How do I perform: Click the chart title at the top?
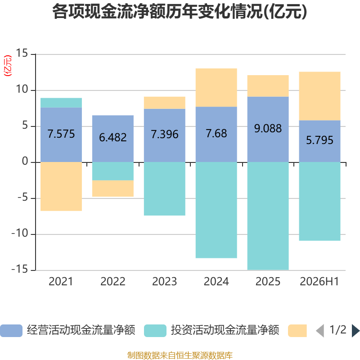point(180,12)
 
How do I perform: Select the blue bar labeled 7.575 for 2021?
point(61,135)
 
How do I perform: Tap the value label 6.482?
point(113,138)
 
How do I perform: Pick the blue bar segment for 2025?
point(268,130)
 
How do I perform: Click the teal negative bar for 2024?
point(216,210)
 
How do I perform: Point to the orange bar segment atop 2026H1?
point(319,96)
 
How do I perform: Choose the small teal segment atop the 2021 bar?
point(61,103)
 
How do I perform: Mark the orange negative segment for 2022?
point(113,188)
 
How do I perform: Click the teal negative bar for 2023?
point(165,189)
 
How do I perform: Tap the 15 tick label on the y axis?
point(22,53)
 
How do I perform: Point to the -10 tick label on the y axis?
point(20,234)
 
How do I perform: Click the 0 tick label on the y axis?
point(25,162)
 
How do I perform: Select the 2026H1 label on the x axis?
point(319,282)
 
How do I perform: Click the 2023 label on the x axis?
point(164,282)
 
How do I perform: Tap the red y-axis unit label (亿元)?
point(8,66)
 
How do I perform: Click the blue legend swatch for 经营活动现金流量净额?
point(11,331)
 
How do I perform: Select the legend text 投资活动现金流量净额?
point(225,330)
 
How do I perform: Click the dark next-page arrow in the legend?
point(356,331)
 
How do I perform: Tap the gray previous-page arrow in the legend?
point(320,331)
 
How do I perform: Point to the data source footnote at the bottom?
point(180,355)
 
